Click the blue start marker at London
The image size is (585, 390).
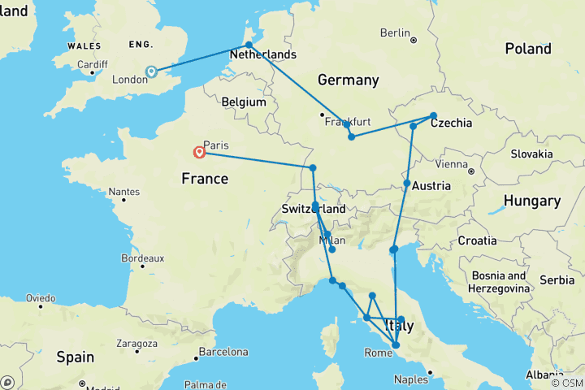150,71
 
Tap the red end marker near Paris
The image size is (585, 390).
199,152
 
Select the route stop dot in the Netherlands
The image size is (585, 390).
249,45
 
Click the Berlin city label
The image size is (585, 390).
395,32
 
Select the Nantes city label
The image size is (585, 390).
123,192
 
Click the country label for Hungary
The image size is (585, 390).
531,201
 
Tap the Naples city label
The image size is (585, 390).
411,379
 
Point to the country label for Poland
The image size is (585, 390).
527,49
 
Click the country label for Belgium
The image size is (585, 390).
244,102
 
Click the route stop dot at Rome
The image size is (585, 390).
396,345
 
